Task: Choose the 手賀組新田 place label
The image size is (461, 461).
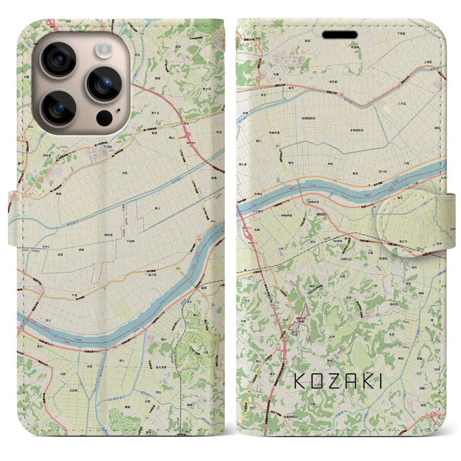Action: pos(357,130)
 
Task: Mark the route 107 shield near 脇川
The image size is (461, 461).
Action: pos(277,146)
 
